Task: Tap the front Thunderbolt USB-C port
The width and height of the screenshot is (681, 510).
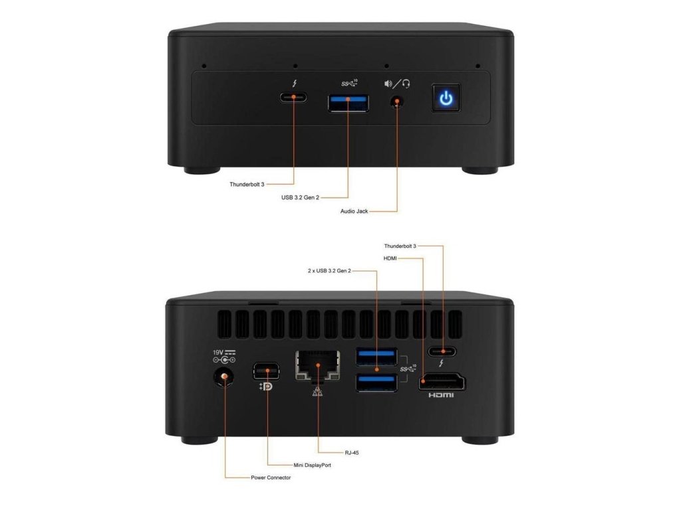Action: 293,98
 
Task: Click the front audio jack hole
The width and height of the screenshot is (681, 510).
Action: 398,102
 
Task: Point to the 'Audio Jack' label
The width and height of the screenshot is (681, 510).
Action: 354,212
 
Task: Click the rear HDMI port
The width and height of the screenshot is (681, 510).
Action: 442,382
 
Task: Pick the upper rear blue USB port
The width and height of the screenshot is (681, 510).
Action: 377,357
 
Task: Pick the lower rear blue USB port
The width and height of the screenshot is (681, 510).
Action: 377,383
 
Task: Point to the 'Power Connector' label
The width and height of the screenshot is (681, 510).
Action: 270,477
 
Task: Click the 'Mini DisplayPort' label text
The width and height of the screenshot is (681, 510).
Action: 312,465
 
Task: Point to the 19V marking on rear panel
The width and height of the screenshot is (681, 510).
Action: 218,352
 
